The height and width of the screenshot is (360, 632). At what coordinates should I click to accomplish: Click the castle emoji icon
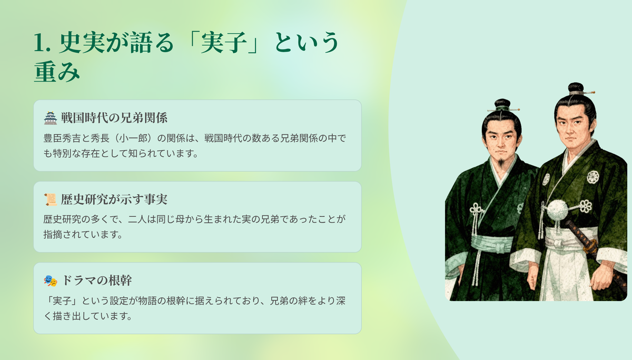pos(51,118)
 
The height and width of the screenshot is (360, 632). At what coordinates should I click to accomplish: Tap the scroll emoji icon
pos(51,199)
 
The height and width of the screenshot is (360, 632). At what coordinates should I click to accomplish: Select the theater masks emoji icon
pos(51,281)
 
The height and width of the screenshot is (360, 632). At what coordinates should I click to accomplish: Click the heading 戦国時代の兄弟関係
pos(114,118)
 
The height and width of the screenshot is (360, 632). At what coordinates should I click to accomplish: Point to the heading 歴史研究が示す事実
pos(114,199)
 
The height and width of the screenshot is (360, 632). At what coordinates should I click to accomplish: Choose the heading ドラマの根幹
pos(96,281)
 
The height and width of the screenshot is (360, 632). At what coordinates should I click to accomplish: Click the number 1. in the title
pos(42,43)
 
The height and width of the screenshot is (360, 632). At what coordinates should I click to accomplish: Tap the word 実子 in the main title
pos(224,42)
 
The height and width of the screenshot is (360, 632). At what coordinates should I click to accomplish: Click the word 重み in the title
pos(57,72)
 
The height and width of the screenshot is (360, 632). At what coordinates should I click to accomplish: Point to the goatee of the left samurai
pos(501,163)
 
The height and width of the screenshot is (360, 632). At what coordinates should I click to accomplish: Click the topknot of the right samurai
pos(576,88)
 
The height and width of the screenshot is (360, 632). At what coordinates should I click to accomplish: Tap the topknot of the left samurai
pos(502,104)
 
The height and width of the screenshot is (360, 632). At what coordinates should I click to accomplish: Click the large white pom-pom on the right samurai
pos(557,210)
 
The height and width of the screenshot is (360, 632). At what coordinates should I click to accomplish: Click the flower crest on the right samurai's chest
pos(593,177)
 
